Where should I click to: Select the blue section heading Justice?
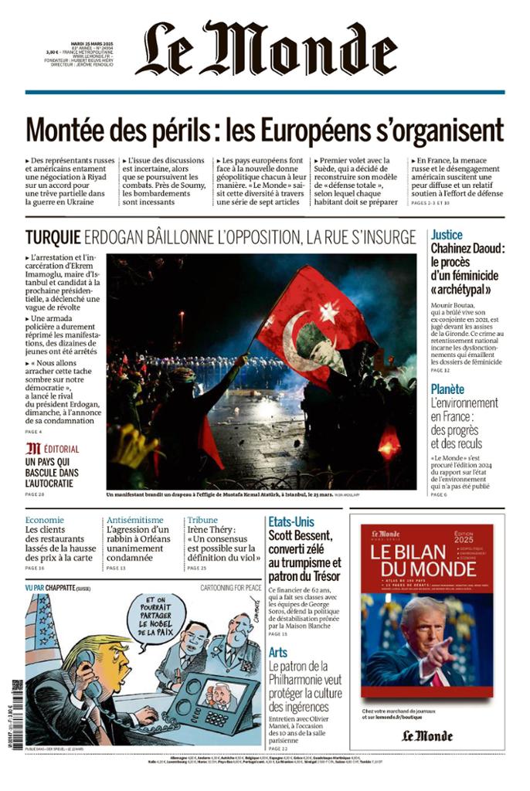pyautogui.click(x=447, y=234)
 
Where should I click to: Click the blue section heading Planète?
pyautogui.click(x=447, y=389)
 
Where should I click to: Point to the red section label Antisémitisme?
pyautogui.click(x=134, y=520)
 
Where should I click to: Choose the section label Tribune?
pyautogui.click(x=202, y=520)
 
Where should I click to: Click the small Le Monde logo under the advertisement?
pyautogui.click(x=426, y=735)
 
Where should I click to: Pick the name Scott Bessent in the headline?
pyautogui.click(x=300, y=535)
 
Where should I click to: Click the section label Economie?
pyautogui.click(x=44, y=520)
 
